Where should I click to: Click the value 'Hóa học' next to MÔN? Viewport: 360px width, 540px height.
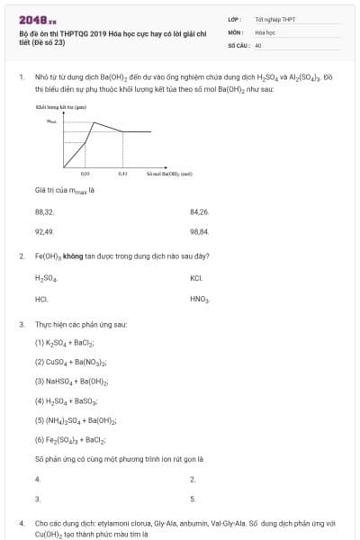pos(265,31)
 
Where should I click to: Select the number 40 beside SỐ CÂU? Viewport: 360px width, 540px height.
pos(258,44)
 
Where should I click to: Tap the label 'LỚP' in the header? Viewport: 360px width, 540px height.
pos(234,19)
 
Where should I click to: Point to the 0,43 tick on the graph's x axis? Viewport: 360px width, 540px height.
pos(122,174)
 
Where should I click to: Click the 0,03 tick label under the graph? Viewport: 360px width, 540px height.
pos(85,174)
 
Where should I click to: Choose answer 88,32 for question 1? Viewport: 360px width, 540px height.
pos(44,211)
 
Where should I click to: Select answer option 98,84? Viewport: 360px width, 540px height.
pos(200,231)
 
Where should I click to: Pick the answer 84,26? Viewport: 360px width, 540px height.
pos(200,211)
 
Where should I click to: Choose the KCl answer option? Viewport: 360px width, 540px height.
pos(197,278)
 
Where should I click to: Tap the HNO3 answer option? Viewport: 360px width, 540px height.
pos(200,298)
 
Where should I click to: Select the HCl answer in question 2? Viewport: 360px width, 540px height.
pos(41,298)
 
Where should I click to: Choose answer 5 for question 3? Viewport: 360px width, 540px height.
pos(193,499)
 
